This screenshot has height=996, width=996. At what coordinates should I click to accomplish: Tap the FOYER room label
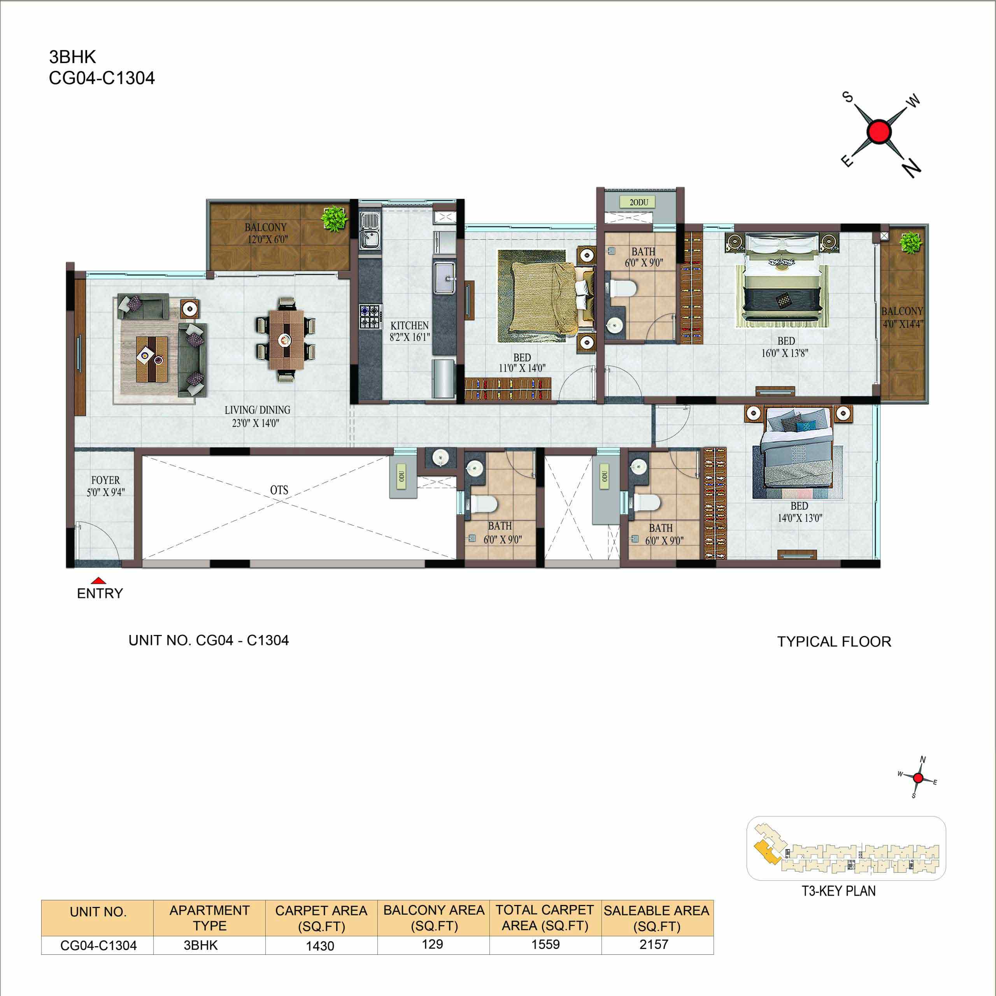coord(106,480)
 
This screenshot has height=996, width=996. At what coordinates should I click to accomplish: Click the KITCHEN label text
coord(409,325)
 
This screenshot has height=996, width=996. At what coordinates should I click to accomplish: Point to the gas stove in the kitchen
coord(370,317)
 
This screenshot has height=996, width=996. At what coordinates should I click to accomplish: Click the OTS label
coord(279,490)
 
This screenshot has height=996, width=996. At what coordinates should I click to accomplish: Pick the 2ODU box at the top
coord(639,202)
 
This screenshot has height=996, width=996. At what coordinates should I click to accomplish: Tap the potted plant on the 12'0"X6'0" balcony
coord(335,219)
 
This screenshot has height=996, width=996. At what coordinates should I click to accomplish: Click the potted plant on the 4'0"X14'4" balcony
coord(911,243)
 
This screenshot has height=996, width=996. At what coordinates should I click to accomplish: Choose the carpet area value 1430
coord(320,945)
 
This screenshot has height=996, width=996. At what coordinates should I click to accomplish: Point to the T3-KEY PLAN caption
coord(838,891)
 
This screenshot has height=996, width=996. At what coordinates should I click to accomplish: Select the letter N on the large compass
coord(912,168)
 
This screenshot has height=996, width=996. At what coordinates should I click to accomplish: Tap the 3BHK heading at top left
coord(72,57)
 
